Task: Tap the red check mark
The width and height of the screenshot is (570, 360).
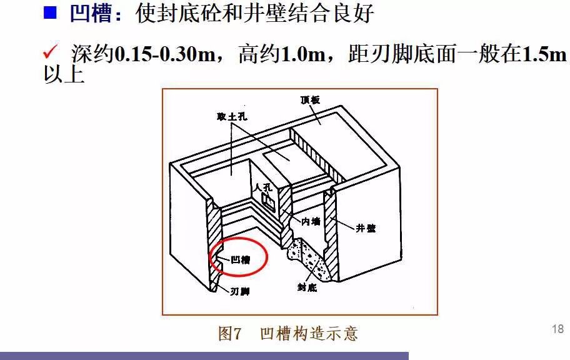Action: pos(49,53)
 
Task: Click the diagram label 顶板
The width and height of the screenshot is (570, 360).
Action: pos(310,102)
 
